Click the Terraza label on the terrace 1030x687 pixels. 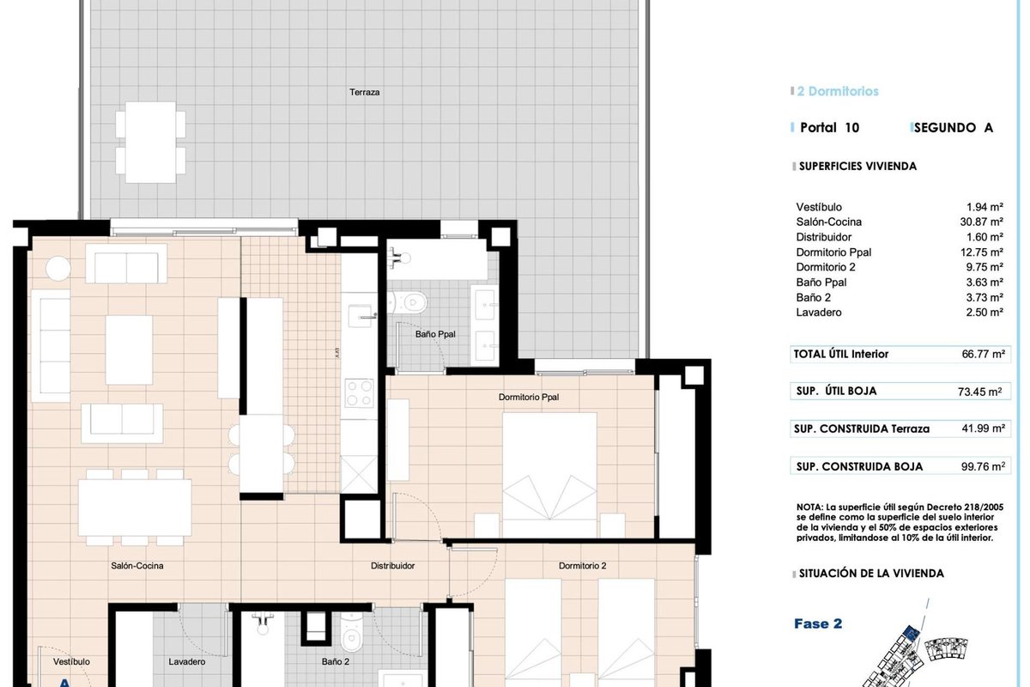click(364, 92)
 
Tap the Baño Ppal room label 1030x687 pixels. click(435, 334)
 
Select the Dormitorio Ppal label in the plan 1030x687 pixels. click(529, 397)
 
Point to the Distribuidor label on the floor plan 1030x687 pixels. click(393, 566)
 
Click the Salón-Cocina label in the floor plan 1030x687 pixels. click(137, 566)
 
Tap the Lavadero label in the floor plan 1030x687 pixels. click(187, 662)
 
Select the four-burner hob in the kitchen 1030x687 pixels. click(359, 393)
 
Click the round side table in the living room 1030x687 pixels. click(58, 268)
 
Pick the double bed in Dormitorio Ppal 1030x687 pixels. click(549, 474)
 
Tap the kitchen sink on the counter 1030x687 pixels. click(360, 316)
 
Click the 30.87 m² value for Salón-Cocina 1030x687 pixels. click(981, 222)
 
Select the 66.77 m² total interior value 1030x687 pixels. click(983, 354)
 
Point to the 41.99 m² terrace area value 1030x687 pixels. click(983, 429)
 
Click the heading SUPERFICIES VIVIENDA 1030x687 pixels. click(857, 166)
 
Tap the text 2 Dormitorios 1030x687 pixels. click(838, 91)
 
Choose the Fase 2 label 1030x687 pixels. click(818, 623)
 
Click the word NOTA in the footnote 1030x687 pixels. click(809, 507)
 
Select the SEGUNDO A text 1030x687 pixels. click(954, 127)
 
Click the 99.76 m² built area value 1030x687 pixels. click(983, 466)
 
